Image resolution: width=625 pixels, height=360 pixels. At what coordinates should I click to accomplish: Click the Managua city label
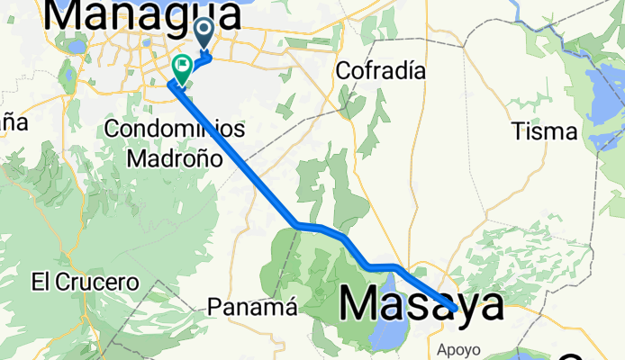click(144, 13)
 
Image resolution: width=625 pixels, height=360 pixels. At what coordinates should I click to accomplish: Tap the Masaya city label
click(421, 304)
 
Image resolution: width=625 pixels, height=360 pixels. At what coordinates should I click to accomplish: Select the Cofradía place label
click(379, 70)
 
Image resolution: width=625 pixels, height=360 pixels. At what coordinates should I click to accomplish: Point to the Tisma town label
click(544, 131)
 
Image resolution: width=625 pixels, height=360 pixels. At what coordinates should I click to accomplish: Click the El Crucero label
click(85, 282)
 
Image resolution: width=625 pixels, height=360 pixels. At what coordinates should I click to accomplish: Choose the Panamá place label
click(252, 307)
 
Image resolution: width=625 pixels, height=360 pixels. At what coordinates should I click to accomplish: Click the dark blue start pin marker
click(204, 33)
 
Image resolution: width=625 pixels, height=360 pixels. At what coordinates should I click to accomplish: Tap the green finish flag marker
click(182, 67)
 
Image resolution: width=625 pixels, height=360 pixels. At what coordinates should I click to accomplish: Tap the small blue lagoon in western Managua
click(76, 45)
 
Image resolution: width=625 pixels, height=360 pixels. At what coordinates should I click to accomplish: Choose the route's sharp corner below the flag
click(169, 85)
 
